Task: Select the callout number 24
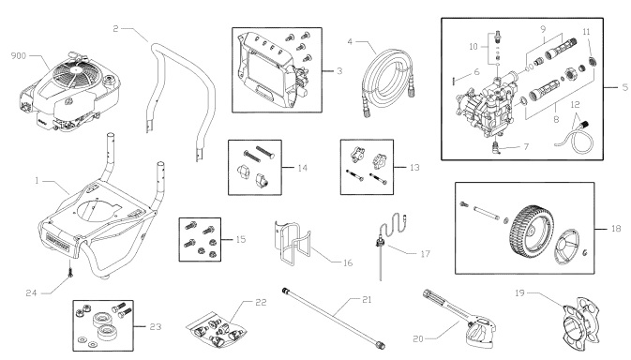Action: (32, 265)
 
